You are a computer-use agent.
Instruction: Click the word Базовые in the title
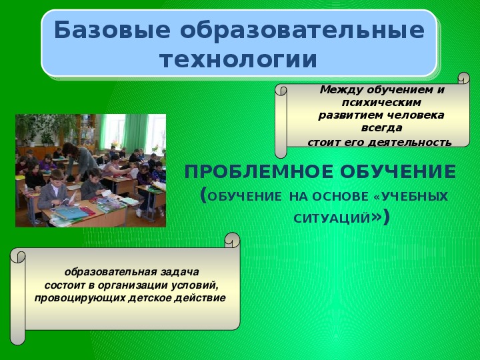click(112, 30)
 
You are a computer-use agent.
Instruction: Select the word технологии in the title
click(239, 59)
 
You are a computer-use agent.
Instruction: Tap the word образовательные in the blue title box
click(302, 30)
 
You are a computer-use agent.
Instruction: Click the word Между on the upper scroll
click(341, 90)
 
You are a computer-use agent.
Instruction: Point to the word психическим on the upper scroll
click(381, 102)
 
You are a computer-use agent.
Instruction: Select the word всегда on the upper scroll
click(381, 128)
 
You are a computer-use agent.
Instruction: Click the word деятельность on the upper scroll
click(409, 143)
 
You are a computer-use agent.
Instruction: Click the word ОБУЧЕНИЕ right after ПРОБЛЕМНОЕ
click(398, 171)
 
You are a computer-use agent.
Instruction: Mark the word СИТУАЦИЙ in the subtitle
click(332, 219)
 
